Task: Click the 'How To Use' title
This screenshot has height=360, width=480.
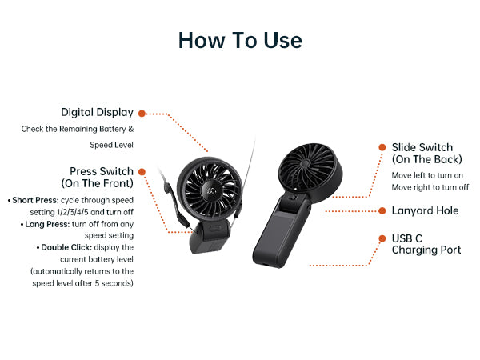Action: point(240,40)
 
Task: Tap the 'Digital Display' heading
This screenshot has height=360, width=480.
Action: point(97,113)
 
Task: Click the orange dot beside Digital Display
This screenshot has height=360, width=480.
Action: point(142,114)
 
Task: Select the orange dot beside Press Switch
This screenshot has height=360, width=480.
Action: point(142,172)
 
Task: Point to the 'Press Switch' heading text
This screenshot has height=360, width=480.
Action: point(102,171)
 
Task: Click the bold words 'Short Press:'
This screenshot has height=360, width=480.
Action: point(35,200)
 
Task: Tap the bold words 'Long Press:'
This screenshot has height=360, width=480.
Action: point(47,224)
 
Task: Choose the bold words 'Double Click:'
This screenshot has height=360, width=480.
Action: point(66,247)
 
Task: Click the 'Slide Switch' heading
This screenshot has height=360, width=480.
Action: point(422,147)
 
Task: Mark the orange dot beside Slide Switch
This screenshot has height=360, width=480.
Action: point(382,147)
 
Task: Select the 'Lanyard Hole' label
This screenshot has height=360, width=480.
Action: point(426,210)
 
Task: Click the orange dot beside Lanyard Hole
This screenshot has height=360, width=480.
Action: point(382,210)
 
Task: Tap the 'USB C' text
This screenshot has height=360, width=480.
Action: point(407,238)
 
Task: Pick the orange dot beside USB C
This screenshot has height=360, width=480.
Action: point(382,238)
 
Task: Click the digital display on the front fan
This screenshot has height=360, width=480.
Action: point(211,191)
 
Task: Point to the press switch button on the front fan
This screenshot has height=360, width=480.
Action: point(215,228)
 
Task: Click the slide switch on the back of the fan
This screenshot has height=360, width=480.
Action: point(293,198)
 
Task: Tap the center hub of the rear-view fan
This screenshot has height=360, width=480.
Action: point(304,163)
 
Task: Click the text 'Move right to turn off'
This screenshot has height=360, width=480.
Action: point(430,187)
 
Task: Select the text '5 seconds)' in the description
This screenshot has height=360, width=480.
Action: point(114,283)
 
